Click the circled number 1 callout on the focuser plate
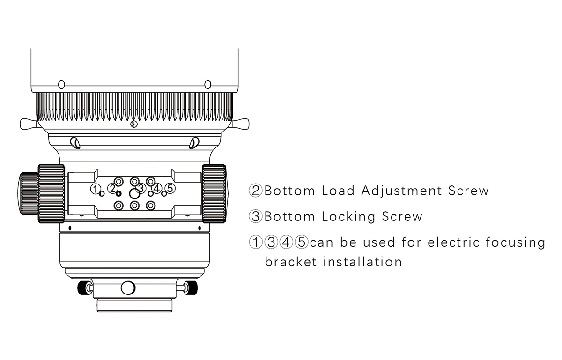tap(95, 189)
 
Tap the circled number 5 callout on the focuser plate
tap(170, 188)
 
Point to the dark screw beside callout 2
tap(118, 194)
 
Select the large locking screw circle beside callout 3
tap(134, 194)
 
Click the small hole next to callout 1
tap(102, 194)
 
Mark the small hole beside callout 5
tap(164, 194)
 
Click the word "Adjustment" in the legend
tap(401, 191)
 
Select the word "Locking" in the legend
tap(348, 217)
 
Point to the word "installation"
tap(362, 262)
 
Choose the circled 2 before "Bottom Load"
tap(255, 191)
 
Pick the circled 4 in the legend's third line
tap(286, 242)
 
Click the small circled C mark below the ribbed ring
tap(134, 124)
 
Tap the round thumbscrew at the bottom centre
tap(128, 288)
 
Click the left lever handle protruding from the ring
tap(29, 124)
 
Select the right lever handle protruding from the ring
tap(241, 124)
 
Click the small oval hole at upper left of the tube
tap(61, 85)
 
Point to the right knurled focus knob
tap(214, 193)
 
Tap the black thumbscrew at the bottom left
tap(83, 288)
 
